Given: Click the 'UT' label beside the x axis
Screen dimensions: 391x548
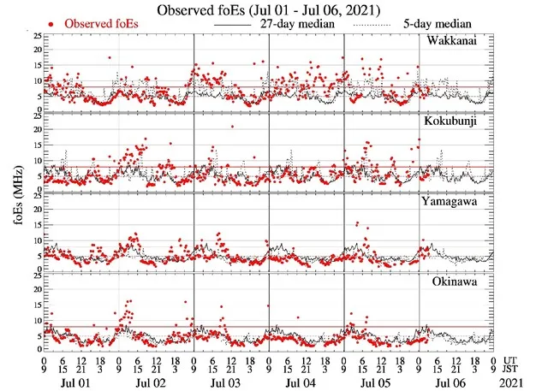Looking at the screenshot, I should point(510,360).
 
